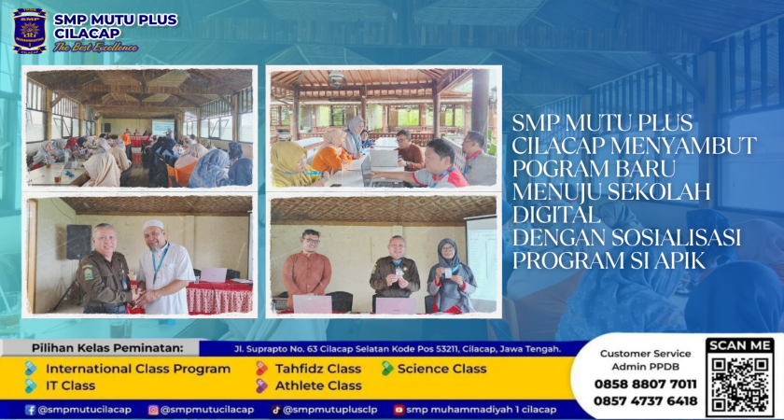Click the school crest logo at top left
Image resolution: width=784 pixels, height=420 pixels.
pos(30,31)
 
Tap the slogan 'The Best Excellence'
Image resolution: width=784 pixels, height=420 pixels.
pos(95,48)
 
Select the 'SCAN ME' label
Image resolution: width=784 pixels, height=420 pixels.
pos(740,345)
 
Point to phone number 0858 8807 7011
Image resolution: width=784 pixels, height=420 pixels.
pos(645,385)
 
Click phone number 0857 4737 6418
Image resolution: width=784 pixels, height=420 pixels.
pos(645,401)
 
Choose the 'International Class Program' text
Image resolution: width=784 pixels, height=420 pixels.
pos(138,369)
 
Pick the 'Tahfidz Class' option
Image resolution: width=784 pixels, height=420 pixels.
pos(318,369)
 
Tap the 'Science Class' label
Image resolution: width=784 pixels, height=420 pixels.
pos(442,369)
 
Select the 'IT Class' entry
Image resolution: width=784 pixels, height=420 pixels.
pos(71,385)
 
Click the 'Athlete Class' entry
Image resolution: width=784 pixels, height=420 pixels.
pos(318,385)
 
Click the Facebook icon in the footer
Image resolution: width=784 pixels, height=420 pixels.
pos(31,410)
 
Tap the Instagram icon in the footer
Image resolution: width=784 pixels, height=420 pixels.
pos(153,410)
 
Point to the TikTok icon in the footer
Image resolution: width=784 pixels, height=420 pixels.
pos(275,410)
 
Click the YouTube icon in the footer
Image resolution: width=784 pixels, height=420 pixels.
pos(399,410)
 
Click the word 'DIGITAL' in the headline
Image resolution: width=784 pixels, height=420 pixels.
pos(555,216)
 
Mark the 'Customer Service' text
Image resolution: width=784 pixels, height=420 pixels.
pos(646,354)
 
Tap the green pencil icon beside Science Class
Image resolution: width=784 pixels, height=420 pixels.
pos(387,369)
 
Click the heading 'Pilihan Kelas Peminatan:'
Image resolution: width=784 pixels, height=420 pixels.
pos(108,348)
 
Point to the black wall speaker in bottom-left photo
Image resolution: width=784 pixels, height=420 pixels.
pos(78,242)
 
